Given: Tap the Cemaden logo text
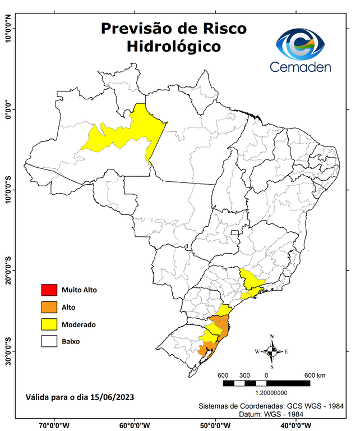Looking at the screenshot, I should point(301,67).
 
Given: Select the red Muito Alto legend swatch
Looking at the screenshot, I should point(48,290).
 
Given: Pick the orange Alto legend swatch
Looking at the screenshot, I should point(48,307).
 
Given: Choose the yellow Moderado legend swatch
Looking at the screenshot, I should point(48,324).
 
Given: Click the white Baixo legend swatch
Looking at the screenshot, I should point(48,341).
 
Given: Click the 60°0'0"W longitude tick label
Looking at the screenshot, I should point(135,425).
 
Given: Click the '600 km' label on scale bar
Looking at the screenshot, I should point(315,375).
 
